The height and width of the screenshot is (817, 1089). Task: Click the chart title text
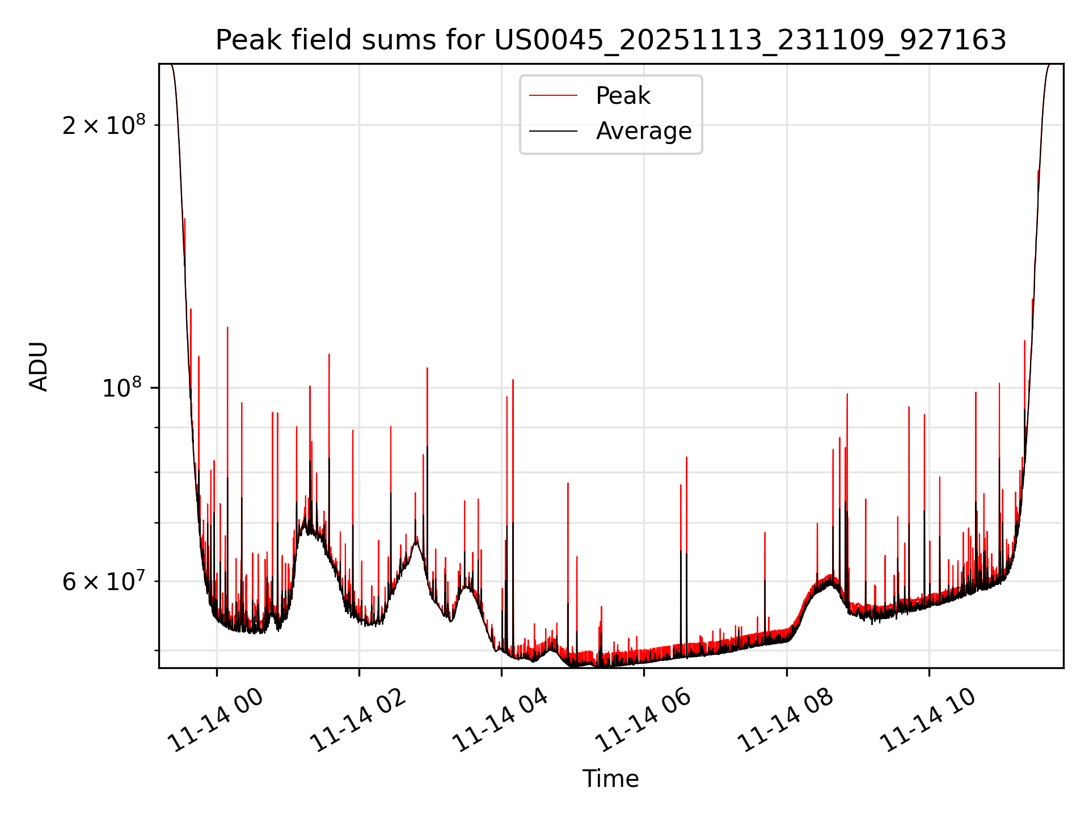(611, 40)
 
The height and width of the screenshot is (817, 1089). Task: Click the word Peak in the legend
(623, 96)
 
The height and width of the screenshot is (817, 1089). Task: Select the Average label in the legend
(644, 131)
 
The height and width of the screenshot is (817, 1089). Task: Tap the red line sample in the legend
(553, 96)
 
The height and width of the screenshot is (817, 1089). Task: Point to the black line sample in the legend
(553, 131)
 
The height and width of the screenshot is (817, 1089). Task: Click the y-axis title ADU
(39, 367)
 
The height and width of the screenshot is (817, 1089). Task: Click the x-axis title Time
(610, 779)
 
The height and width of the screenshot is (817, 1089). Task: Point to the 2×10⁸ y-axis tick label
(104, 125)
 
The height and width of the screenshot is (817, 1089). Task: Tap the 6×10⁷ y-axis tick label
(104, 582)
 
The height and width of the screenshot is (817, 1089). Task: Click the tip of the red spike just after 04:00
(513, 380)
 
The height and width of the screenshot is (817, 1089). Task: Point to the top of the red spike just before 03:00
(427, 368)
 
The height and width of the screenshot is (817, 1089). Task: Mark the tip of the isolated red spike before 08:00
(765, 533)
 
